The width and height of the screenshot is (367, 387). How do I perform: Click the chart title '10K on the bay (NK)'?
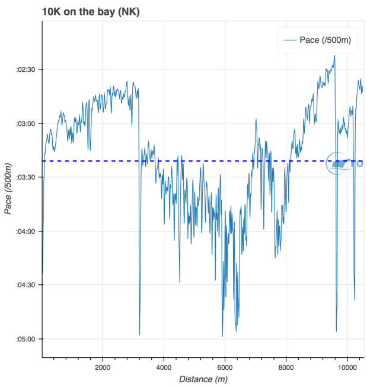pyautogui.click(x=91, y=11)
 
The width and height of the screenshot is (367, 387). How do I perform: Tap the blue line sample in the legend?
pyautogui.click(x=290, y=40)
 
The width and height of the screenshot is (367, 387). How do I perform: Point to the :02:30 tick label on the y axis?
pyautogui.click(x=27, y=69)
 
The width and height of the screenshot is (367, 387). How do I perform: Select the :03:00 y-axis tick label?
pyautogui.click(x=27, y=123)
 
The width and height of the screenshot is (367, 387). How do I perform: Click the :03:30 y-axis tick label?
pyautogui.click(x=27, y=177)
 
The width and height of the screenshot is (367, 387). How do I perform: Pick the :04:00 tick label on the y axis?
pyautogui.click(x=27, y=231)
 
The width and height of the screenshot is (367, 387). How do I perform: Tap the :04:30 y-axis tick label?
pyautogui.click(x=27, y=285)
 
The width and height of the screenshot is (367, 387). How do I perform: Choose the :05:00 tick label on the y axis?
pyautogui.click(x=27, y=339)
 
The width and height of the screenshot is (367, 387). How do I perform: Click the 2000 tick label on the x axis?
pyautogui.click(x=103, y=366)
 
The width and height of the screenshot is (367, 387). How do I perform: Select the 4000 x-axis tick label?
pyautogui.click(x=164, y=366)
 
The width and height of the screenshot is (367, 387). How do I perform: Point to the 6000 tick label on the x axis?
pyautogui.click(x=225, y=366)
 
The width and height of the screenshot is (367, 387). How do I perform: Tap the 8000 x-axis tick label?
pyautogui.click(x=286, y=366)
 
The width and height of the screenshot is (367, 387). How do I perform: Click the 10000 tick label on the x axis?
pyautogui.click(x=347, y=366)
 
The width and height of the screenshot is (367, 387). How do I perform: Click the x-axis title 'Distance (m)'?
pyautogui.click(x=203, y=379)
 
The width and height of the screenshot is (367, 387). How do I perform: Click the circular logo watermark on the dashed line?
pyautogui.click(x=338, y=163)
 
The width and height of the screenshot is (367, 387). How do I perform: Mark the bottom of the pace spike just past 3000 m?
pyautogui.click(x=139, y=335)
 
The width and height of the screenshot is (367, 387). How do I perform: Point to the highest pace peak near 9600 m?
pyautogui.click(x=334, y=56)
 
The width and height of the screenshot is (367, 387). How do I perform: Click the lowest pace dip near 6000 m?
pyautogui.click(x=222, y=337)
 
